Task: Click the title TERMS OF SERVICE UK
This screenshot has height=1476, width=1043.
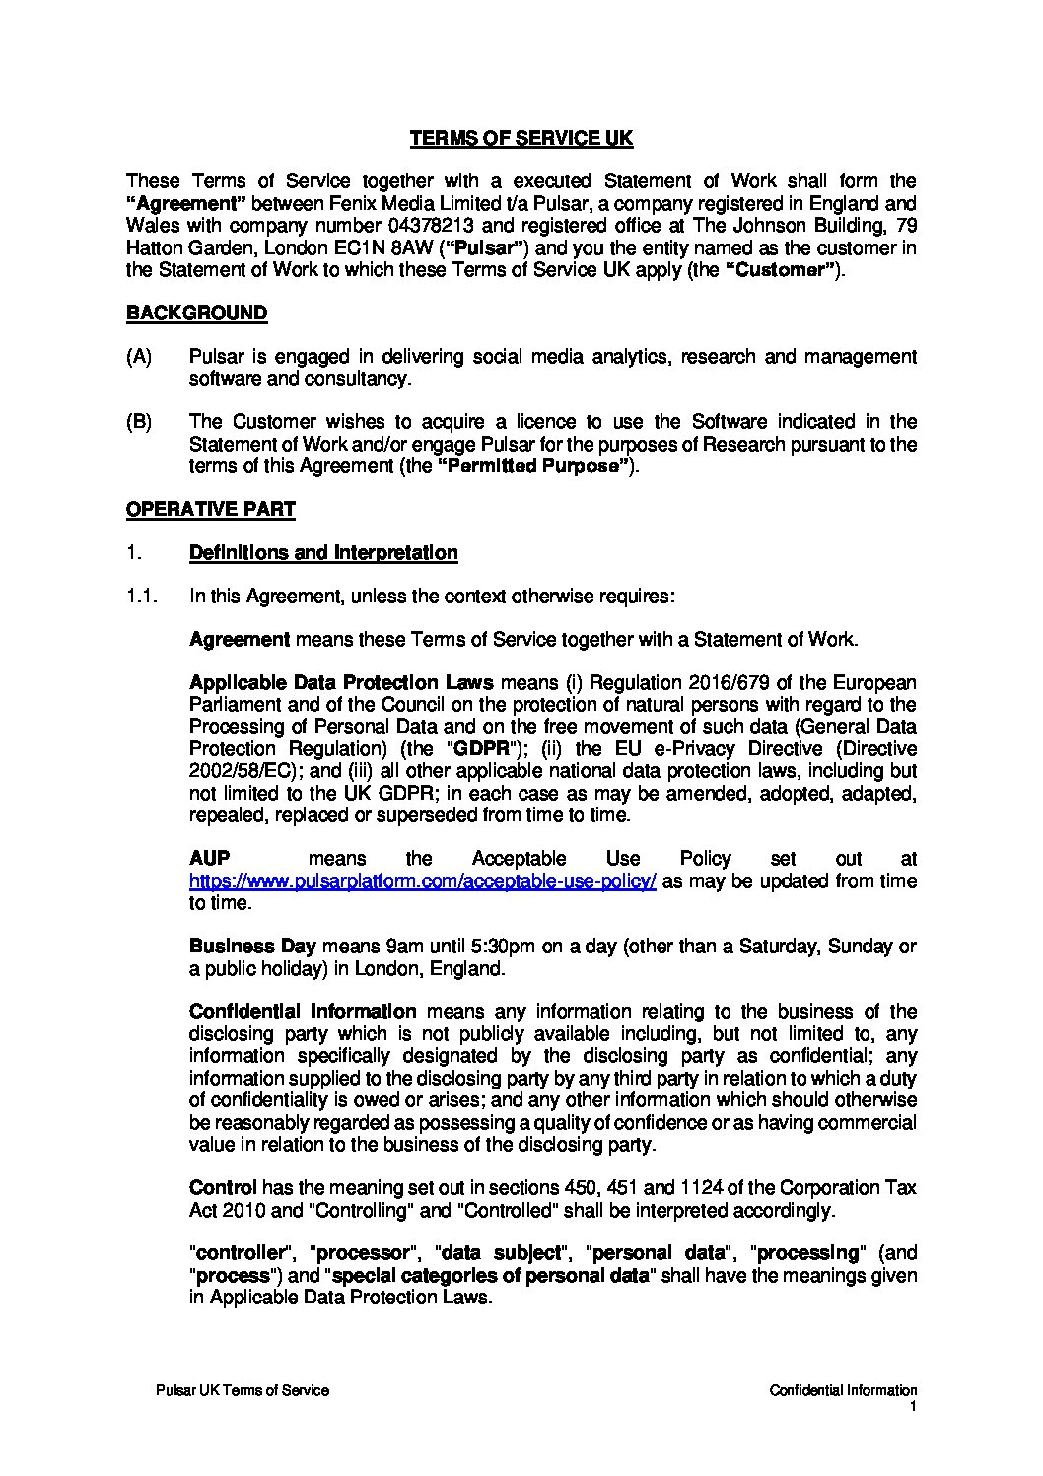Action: point(521,139)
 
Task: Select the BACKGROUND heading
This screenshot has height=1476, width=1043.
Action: point(196,314)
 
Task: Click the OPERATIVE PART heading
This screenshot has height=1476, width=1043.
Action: point(210,510)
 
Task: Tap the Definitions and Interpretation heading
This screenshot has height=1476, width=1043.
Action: point(322,552)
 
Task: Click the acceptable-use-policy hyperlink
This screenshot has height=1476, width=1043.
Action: point(422,881)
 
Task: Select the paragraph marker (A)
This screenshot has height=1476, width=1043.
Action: point(139,357)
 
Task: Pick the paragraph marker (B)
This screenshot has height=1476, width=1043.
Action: point(139,422)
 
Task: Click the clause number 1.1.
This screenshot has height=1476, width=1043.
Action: point(142,596)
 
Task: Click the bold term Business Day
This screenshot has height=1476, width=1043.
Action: point(245,947)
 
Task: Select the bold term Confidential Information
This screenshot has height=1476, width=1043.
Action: point(302,1012)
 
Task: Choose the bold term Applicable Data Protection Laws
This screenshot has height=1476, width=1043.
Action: point(342,683)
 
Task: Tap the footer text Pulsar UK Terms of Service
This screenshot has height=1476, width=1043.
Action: point(243,1390)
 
